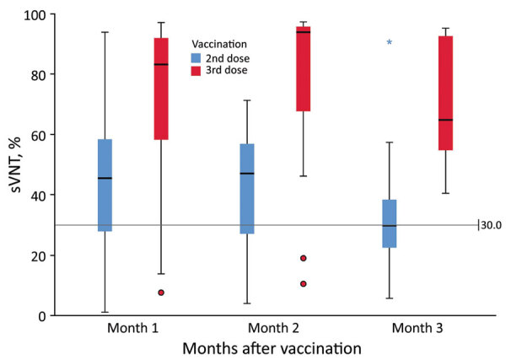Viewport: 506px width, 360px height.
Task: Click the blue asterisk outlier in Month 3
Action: pos(389,42)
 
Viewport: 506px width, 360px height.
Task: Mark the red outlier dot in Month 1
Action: pos(160,293)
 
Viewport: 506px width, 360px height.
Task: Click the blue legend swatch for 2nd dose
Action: pos(196,58)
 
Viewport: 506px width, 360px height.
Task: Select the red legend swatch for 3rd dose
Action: pos(196,71)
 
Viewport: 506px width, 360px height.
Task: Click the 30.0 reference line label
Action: pos(491,225)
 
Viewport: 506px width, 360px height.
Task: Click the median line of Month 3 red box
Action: pos(445,120)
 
